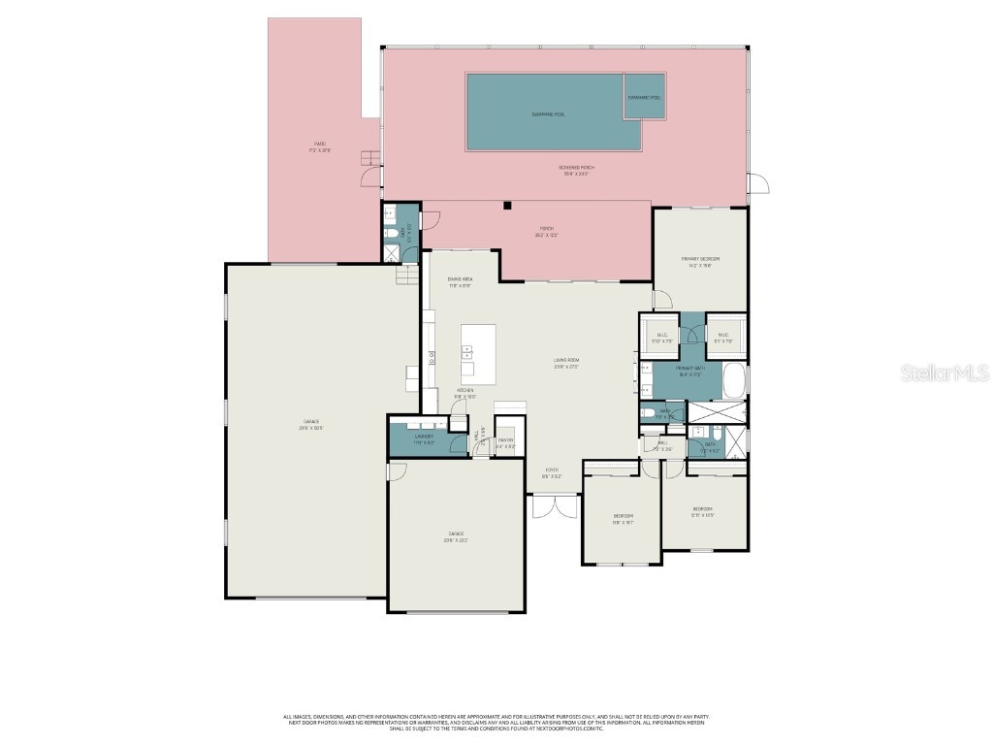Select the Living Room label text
coord(566,363)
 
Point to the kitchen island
coord(477,349)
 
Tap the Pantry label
coord(505,442)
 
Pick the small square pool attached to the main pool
coord(644,97)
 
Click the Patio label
coord(319,146)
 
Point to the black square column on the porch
coord(506,205)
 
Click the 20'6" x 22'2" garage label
coord(456,536)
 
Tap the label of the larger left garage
coord(310,424)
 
